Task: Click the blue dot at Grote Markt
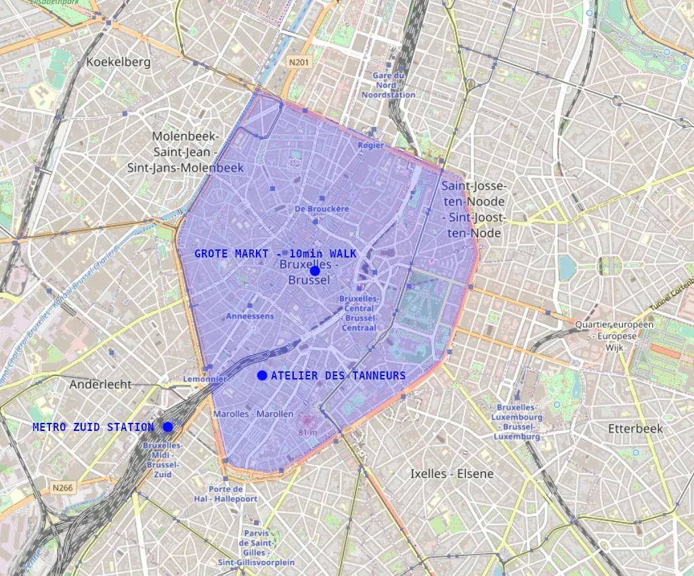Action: (x=315, y=270)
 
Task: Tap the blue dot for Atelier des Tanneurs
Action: (x=262, y=375)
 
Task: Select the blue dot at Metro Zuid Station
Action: (x=168, y=426)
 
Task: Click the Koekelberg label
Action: (x=118, y=62)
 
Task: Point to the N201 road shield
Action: (x=299, y=62)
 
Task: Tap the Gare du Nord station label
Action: (x=388, y=85)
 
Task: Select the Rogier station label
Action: (x=370, y=145)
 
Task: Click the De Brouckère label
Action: (x=322, y=209)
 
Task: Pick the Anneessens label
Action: (x=250, y=316)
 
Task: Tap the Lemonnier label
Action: (x=204, y=379)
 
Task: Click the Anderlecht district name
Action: (x=101, y=384)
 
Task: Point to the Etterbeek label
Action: (x=635, y=429)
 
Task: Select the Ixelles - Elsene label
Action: (x=452, y=474)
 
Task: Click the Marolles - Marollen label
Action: (x=253, y=413)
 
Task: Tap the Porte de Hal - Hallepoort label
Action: (x=233, y=494)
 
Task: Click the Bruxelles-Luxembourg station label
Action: (x=519, y=422)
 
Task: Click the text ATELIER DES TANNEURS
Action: (x=338, y=375)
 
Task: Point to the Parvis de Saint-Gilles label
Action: (x=256, y=543)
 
